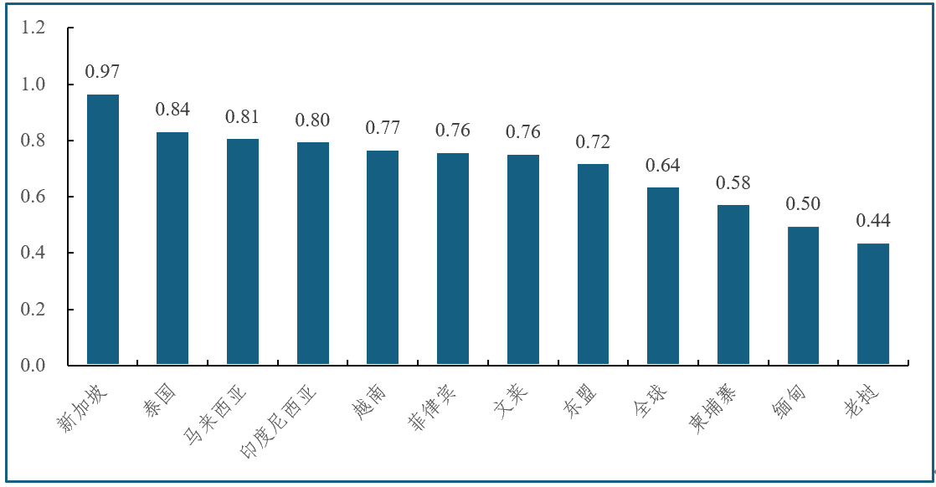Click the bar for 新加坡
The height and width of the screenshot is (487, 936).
pos(103,230)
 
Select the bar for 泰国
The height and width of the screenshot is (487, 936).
pos(172,249)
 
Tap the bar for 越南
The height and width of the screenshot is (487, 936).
pos(383,258)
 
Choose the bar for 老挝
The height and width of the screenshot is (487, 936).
pos(873,305)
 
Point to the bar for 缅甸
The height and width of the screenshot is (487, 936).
pos(803,296)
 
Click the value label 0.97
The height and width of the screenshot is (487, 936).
pos(102,73)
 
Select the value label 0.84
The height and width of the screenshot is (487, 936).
pos(172,110)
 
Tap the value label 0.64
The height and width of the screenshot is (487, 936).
pos(663,165)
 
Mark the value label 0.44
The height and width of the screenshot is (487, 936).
pos(873,222)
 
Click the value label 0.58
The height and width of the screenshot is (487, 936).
pos(733,182)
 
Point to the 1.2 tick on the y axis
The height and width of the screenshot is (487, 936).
pos(33,28)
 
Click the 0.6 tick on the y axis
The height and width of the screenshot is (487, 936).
pos(33,197)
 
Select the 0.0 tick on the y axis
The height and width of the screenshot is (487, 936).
pos(33,366)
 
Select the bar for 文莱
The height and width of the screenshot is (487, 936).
pos(523,260)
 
